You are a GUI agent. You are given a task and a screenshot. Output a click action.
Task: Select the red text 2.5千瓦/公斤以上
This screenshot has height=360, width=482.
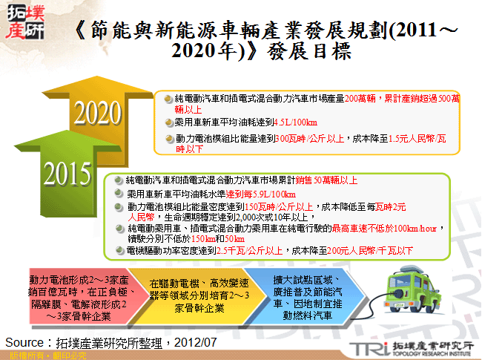tap(252, 252)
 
